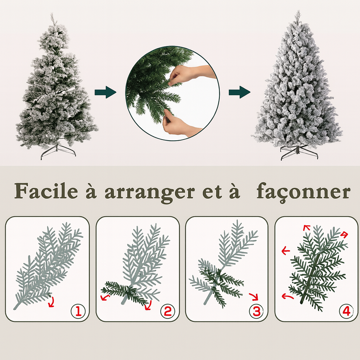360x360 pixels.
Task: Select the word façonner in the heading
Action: pyautogui.click(x=303, y=193)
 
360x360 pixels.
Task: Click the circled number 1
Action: pyautogui.click(x=78, y=311)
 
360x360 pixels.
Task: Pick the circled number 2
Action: pyautogui.click(x=167, y=311)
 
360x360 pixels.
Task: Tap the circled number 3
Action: pyautogui.click(x=256, y=311)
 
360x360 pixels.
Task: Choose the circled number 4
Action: pyautogui.click(x=346, y=311)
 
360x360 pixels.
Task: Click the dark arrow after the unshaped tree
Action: pyautogui.click(x=105, y=93)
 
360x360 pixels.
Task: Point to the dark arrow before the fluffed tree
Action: pyautogui.click(x=239, y=92)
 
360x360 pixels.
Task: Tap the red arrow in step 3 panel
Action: pyautogui.click(x=253, y=297)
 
